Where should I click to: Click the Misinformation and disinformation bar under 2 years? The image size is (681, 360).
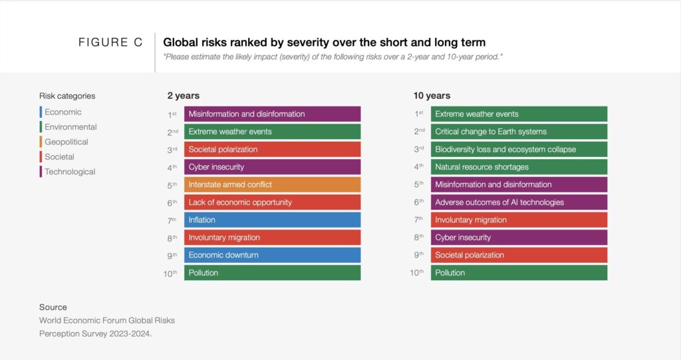pos(272,114)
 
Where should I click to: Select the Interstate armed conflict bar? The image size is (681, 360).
pos(272,184)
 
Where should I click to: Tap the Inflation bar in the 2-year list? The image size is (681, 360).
pos(272,220)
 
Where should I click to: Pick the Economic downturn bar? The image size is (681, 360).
pos(272,255)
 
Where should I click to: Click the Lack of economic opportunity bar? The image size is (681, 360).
pos(272,202)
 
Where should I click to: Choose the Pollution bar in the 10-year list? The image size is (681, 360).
pos(519,273)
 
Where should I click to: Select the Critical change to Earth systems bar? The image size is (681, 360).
pos(519,132)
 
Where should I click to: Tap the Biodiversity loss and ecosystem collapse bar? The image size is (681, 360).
pos(519,149)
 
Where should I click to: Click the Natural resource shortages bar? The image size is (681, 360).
pos(519,167)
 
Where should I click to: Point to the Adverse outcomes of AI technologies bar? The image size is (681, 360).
pos(519,202)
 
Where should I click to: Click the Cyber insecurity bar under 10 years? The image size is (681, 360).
pos(519,238)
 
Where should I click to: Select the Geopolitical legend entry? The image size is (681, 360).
pos(66,142)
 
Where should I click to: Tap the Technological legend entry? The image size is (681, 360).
pos(70,172)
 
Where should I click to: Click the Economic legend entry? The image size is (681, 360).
pos(63,112)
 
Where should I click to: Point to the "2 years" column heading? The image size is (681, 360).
pos(183,96)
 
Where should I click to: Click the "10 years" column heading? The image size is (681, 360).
pos(432,96)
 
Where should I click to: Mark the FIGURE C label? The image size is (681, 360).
pos(110,43)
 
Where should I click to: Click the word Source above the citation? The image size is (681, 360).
pos(53,307)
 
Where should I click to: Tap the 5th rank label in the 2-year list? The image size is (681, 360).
pos(172,185)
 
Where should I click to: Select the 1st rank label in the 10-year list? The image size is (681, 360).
pos(419,114)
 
